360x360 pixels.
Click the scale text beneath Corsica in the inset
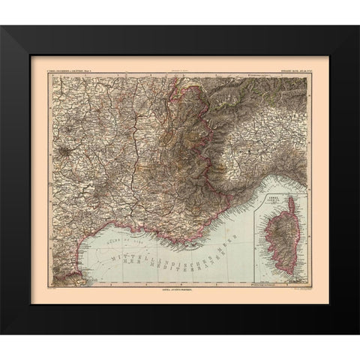277,284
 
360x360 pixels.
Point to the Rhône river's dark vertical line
135,150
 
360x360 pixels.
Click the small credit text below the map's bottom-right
296,290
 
